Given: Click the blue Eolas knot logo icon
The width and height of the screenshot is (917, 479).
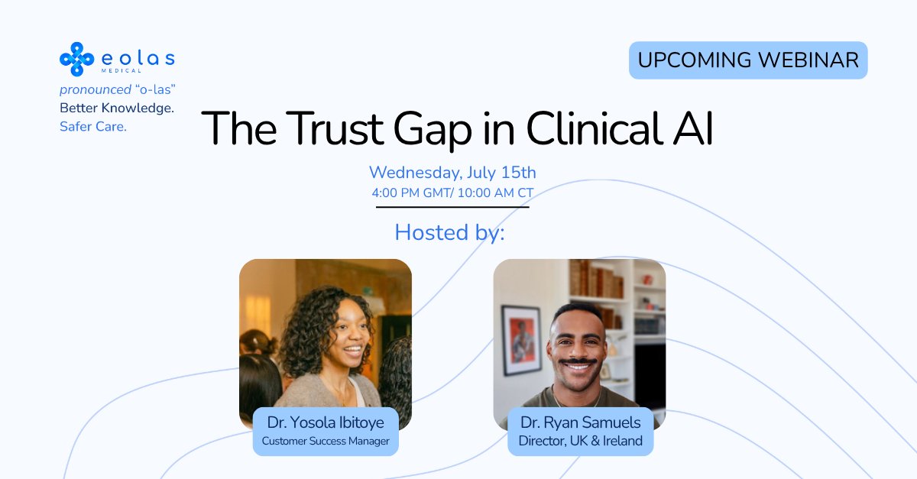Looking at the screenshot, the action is click(x=76, y=60).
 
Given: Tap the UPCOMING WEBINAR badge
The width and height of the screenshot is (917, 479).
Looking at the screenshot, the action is click(x=748, y=60).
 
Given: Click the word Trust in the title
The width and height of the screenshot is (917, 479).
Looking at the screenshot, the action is click(x=335, y=128).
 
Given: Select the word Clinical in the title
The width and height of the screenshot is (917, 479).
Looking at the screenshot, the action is click(x=595, y=128).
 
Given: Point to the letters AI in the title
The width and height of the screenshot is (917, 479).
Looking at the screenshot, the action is click(x=693, y=128).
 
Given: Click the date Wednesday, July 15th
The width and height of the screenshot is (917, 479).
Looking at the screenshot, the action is click(x=452, y=173).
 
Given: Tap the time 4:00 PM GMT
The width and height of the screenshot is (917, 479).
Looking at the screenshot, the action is click(x=410, y=193).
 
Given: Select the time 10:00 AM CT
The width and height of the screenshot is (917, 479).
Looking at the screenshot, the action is click(x=495, y=193).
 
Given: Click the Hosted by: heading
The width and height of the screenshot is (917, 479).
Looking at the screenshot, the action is click(x=449, y=232).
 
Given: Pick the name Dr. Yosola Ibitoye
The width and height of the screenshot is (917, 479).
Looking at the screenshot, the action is click(x=326, y=422).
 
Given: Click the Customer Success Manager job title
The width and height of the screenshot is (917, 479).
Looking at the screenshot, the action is click(x=326, y=441).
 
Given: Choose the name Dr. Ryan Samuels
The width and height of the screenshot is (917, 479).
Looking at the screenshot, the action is click(x=580, y=422).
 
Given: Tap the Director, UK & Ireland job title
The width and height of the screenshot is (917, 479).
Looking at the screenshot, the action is click(x=580, y=441).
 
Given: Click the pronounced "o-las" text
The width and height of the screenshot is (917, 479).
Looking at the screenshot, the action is click(x=118, y=89).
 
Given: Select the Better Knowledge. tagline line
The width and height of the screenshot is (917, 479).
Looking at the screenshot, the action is click(x=117, y=108).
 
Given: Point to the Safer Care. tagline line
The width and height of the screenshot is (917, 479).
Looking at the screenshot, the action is click(x=93, y=127).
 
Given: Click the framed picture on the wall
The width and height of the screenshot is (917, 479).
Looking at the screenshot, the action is click(x=521, y=340).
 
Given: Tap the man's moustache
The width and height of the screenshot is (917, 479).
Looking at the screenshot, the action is click(x=577, y=361).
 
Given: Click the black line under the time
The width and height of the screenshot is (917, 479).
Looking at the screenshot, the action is click(x=452, y=207).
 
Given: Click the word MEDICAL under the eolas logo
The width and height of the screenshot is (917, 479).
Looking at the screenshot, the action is click(x=122, y=71).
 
